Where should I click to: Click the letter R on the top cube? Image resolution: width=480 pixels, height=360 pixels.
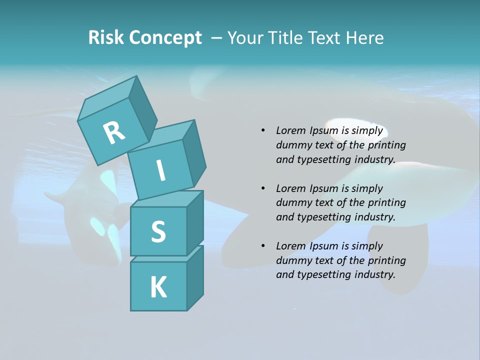114,133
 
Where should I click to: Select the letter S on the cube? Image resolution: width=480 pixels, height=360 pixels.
158,231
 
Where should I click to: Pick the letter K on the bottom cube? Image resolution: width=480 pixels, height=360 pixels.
158,287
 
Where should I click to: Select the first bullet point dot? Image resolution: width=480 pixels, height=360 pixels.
263,130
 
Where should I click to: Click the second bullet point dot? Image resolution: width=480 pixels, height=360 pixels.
263,188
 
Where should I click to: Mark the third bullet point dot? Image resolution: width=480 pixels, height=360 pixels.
263,246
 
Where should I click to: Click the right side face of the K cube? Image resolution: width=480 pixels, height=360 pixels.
195,278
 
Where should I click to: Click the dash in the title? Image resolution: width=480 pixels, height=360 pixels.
217,38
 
